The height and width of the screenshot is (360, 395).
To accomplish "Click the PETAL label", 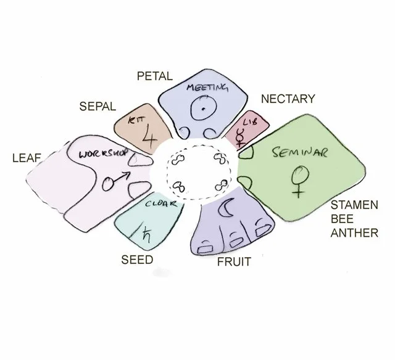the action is (x=154, y=76).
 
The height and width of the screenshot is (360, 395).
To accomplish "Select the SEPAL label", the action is (x=98, y=106).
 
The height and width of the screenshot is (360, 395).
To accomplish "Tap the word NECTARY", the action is (x=288, y=99).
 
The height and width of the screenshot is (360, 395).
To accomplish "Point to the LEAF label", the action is (x=27, y=158).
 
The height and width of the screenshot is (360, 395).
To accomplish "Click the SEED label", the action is (x=136, y=260).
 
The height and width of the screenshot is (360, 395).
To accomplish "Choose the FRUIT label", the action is (x=234, y=262).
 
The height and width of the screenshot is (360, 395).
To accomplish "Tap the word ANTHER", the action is (x=353, y=234).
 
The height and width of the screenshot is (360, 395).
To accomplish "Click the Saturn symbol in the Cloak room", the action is (x=147, y=233).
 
